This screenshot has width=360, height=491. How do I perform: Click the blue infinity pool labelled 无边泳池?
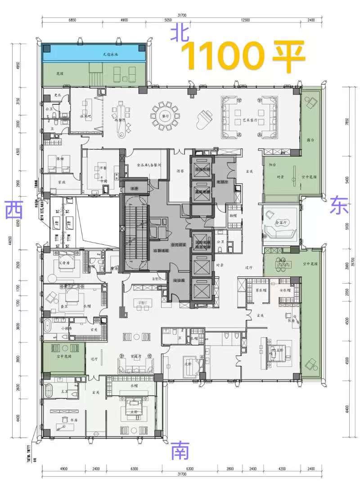pyautogui.click(x=94, y=54)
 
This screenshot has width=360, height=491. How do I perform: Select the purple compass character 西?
pyautogui.click(x=15, y=210)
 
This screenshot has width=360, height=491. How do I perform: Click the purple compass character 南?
pyautogui.click(x=180, y=450)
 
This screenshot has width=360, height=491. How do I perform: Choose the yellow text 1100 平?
pyautogui.click(x=243, y=57)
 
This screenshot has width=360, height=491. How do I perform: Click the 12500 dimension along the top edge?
pyautogui.click(x=245, y=20)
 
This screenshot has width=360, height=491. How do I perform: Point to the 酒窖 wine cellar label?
pyautogui.click(x=180, y=171)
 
